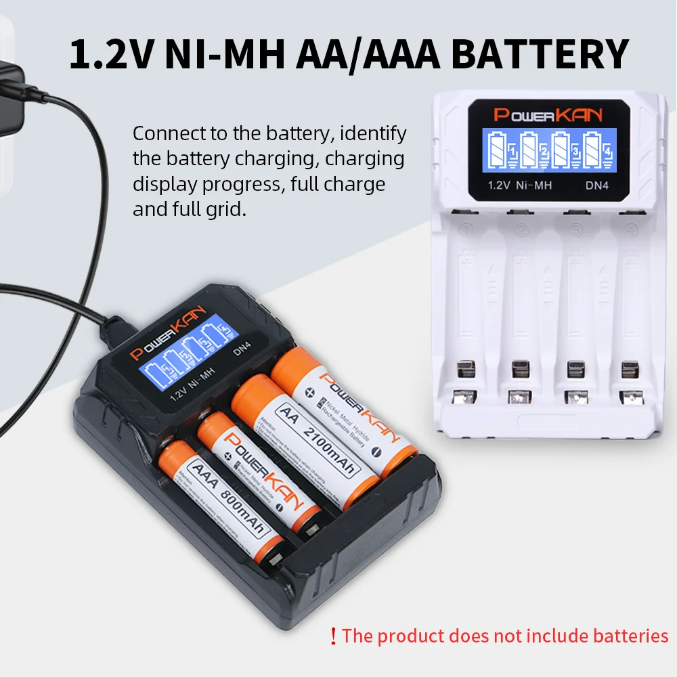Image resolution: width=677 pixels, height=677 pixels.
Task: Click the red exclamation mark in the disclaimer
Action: pos(332,636)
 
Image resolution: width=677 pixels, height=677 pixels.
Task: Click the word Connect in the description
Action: pos(172,133)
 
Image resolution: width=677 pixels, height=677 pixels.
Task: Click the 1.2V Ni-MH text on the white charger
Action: pos(519,184)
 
